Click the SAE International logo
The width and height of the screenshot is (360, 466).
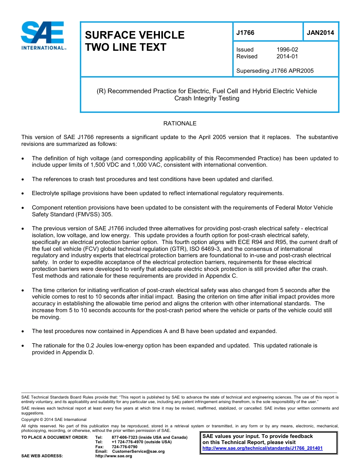click(x=43, y=36)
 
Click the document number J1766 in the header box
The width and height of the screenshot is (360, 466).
click(x=245, y=33)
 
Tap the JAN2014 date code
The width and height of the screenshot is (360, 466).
click(x=320, y=33)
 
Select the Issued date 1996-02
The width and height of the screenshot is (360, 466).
click(x=287, y=50)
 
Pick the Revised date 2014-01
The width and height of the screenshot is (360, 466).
click(x=287, y=56)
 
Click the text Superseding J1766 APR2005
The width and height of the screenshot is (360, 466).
click(x=275, y=71)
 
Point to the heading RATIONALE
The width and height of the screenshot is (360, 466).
click(x=180, y=124)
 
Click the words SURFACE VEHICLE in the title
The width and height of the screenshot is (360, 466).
click(x=135, y=35)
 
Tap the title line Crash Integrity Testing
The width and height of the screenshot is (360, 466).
click(x=207, y=99)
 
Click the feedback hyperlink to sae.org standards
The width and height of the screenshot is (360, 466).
click(x=263, y=448)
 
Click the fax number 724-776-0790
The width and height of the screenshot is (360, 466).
click(x=125, y=447)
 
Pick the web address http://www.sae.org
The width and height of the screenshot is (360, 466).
click(x=114, y=456)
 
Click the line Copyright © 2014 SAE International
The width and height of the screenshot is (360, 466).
click(x=54, y=419)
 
